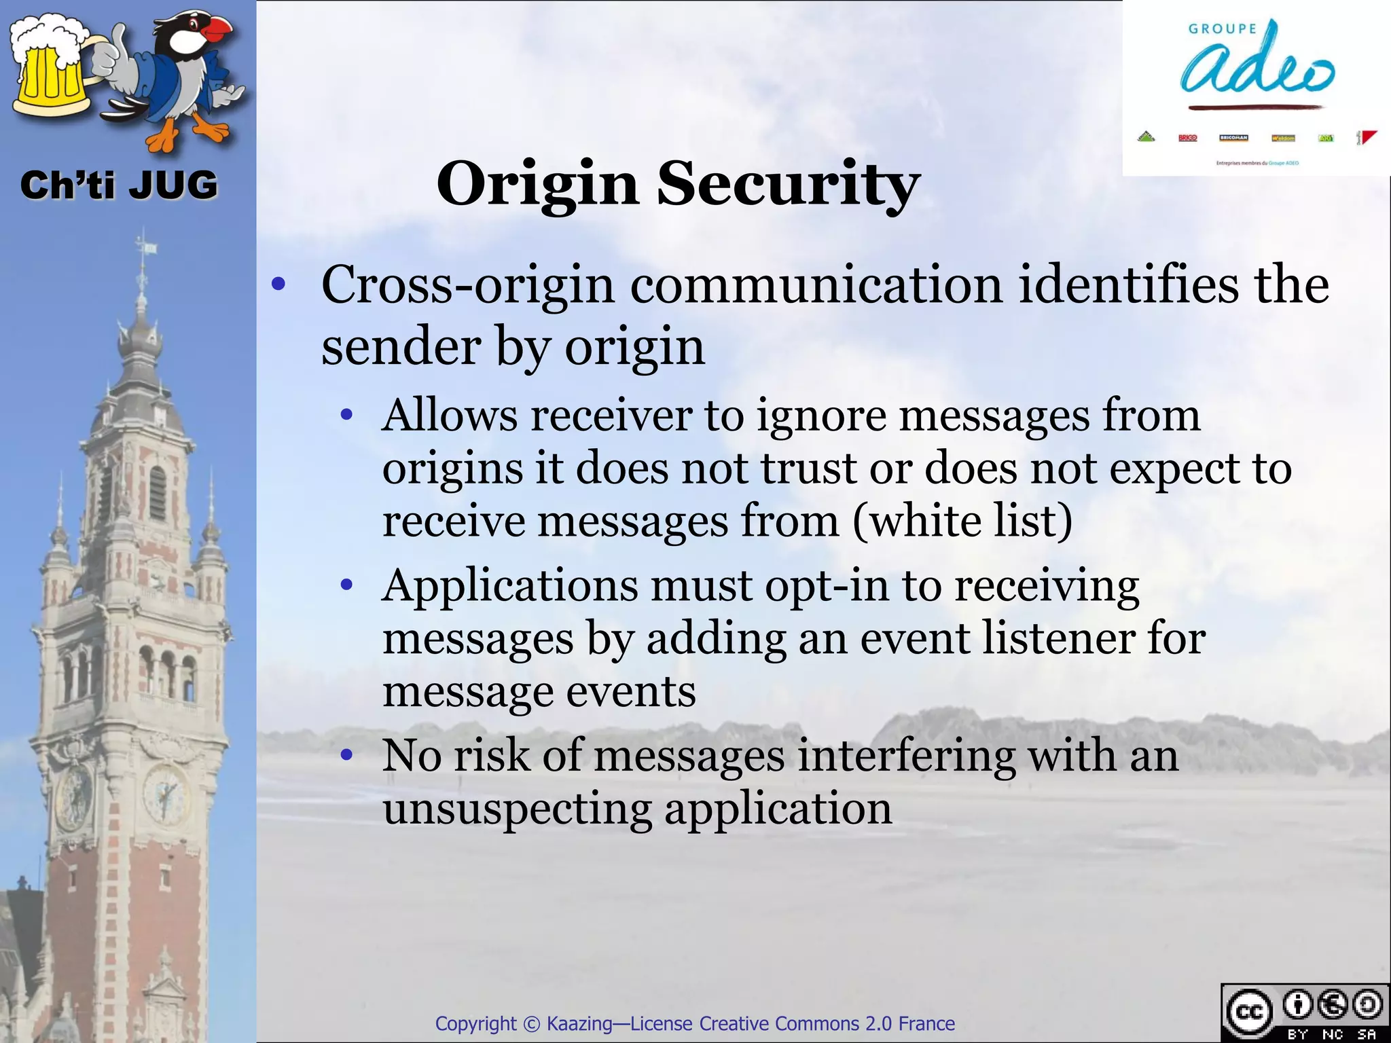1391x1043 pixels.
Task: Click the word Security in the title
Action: (x=788, y=185)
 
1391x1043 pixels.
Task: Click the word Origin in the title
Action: (x=537, y=185)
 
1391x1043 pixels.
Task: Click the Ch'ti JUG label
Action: (x=119, y=185)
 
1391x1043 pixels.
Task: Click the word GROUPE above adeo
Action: (x=1222, y=29)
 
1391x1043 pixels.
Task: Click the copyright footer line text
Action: (x=695, y=1023)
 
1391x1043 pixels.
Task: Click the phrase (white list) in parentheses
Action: (x=962, y=521)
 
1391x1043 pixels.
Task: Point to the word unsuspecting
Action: (x=516, y=809)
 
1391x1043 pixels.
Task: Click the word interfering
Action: (x=906, y=755)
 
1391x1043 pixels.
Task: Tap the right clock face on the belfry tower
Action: (x=165, y=793)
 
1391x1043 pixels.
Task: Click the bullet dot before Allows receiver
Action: (x=347, y=415)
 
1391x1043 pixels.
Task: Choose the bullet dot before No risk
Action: (x=347, y=754)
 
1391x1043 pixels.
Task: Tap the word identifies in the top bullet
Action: (x=1128, y=285)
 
